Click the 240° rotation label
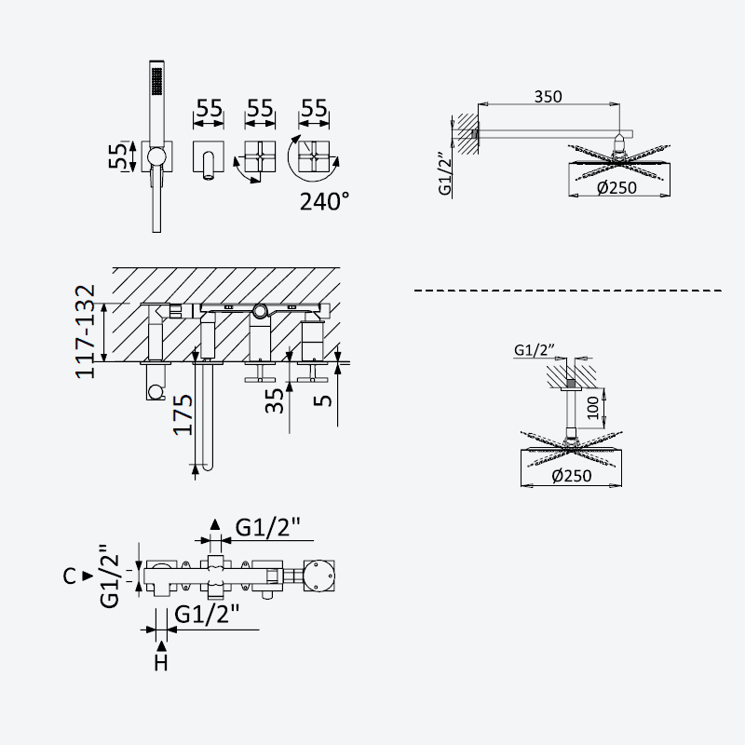(x=324, y=201)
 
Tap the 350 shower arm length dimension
(x=548, y=97)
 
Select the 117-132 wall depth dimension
(x=86, y=332)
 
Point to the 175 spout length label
(x=183, y=414)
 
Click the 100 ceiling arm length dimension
(x=593, y=408)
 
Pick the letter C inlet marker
(x=69, y=576)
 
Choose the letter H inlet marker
(x=161, y=662)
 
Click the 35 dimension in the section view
(x=274, y=400)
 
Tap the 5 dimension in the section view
(x=323, y=400)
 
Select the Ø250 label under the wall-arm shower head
(x=616, y=188)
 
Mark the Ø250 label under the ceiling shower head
(x=572, y=475)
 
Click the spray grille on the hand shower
(x=156, y=81)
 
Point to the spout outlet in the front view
(x=209, y=177)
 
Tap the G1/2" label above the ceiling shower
(x=535, y=350)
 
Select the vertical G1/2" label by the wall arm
(x=445, y=173)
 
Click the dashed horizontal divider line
(x=568, y=291)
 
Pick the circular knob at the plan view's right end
(x=318, y=576)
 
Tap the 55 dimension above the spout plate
(x=209, y=108)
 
